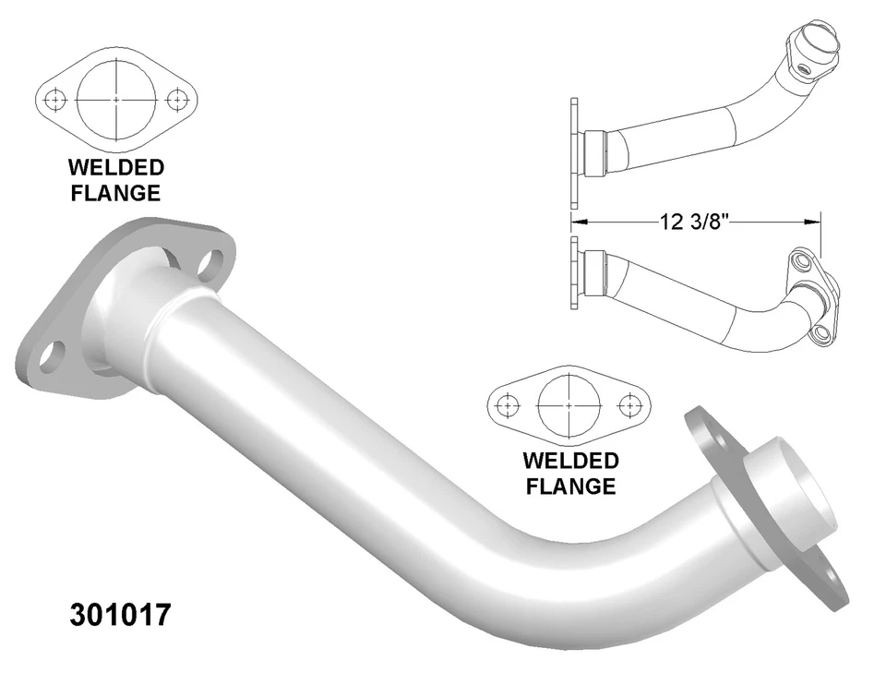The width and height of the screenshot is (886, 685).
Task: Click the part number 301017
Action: pyautogui.click(x=120, y=615)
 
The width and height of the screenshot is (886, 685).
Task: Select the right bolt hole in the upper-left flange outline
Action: pyautogui.click(x=178, y=98)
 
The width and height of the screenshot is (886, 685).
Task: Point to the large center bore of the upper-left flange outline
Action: pyautogui.click(x=117, y=98)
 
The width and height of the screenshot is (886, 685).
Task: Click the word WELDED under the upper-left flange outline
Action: pyautogui.click(x=116, y=168)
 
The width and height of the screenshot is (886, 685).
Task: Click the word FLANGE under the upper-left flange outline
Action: pyautogui.click(x=116, y=193)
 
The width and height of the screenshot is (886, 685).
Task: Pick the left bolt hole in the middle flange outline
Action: pyautogui.click(x=505, y=404)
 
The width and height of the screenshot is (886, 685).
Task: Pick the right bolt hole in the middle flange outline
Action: pyautogui.click(x=629, y=404)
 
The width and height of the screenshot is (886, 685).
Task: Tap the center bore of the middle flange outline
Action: pyautogui.click(x=569, y=404)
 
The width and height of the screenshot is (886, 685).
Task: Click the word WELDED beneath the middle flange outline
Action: pyautogui.click(x=570, y=461)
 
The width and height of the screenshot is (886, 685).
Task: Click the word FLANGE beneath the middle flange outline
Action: pyautogui.click(x=570, y=486)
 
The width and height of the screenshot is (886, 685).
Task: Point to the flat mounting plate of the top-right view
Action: pyautogui.click(x=574, y=152)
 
